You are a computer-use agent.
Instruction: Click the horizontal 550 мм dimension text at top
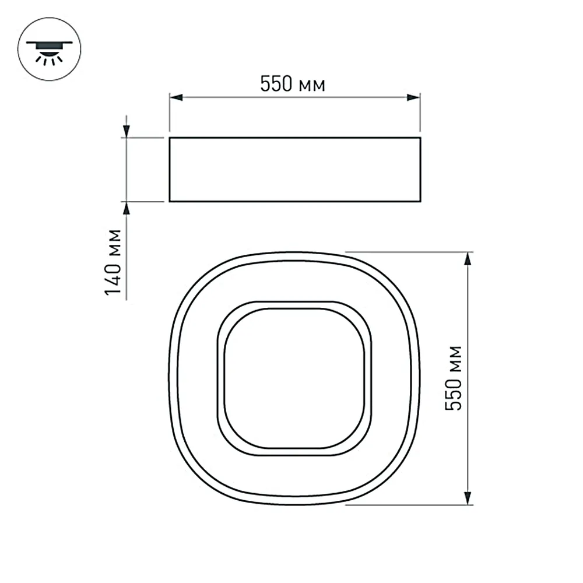coord(293,84)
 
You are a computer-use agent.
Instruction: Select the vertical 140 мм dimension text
coord(113,262)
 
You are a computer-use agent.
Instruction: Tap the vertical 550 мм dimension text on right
coord(454,378)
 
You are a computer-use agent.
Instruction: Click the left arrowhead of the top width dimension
coord(176,97)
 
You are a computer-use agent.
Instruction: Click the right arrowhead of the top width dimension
coord(413,97)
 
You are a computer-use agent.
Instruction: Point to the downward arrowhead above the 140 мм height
coord(127,131)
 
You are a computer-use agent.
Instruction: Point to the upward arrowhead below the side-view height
coord(127,208)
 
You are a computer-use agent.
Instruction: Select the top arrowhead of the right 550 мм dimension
coord(468,259)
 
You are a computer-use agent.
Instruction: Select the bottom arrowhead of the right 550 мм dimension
coord(468,498)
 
